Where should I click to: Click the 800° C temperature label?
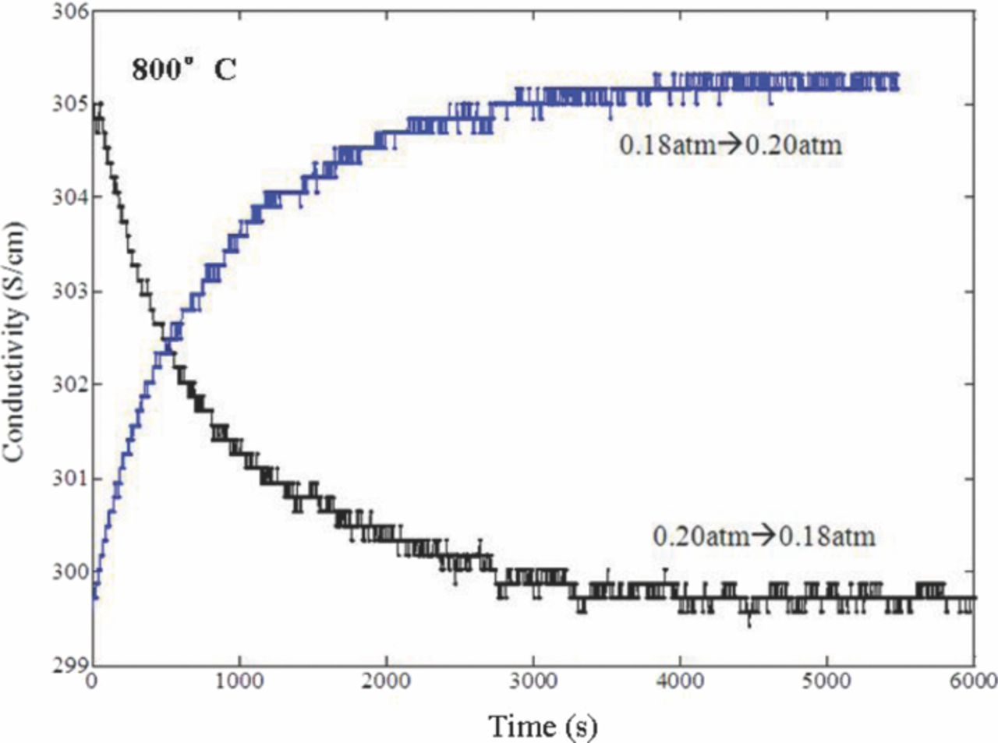184,70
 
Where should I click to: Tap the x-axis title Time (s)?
543,726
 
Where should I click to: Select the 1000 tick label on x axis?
239,681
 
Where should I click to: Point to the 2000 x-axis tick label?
386,681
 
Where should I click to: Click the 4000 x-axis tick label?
680,681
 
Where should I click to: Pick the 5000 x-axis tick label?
826,681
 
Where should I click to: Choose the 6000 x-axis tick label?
972,681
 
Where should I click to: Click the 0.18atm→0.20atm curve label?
731,145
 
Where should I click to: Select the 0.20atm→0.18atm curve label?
764,536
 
